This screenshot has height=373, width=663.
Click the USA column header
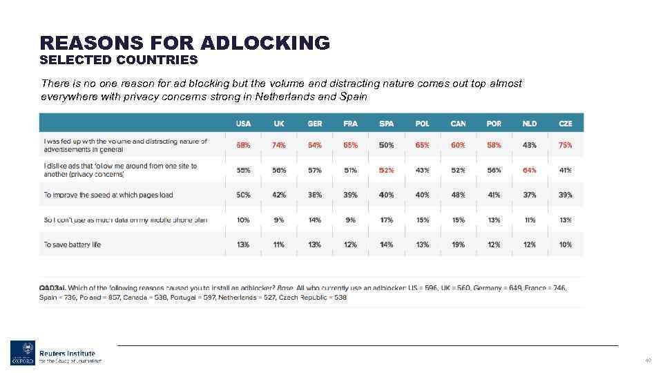click(x=243, y=124)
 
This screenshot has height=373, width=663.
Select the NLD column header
click(x=530, y=124)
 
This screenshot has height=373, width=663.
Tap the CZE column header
click(x=566, y=124)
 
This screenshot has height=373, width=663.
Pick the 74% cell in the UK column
click(x=279, y=145)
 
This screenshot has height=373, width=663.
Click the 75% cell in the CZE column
click(x=566, y=145)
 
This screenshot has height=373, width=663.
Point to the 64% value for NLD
click(x=530, y=170)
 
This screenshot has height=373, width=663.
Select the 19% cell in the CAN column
click(x=458, y=245)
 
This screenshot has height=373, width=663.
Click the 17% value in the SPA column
click(x=386, y=220)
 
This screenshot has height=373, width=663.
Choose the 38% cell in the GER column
click(x=315, y=195)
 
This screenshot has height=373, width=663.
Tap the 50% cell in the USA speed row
click(x=243, y=195)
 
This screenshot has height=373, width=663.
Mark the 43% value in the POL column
click(x=422, y=170)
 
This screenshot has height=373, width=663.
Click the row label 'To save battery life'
click(x=72, y=245)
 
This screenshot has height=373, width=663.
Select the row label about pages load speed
click(x=108, y=195)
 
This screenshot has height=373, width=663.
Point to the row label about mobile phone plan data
click(x=125, y=220)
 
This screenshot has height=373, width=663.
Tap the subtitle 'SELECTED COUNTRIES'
click(x=119, y=60)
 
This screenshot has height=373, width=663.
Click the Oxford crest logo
click(x=22, y=353)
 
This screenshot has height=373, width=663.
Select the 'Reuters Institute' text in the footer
click(x=67, y=353)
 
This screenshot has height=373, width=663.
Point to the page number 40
click(x=648, y=360)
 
